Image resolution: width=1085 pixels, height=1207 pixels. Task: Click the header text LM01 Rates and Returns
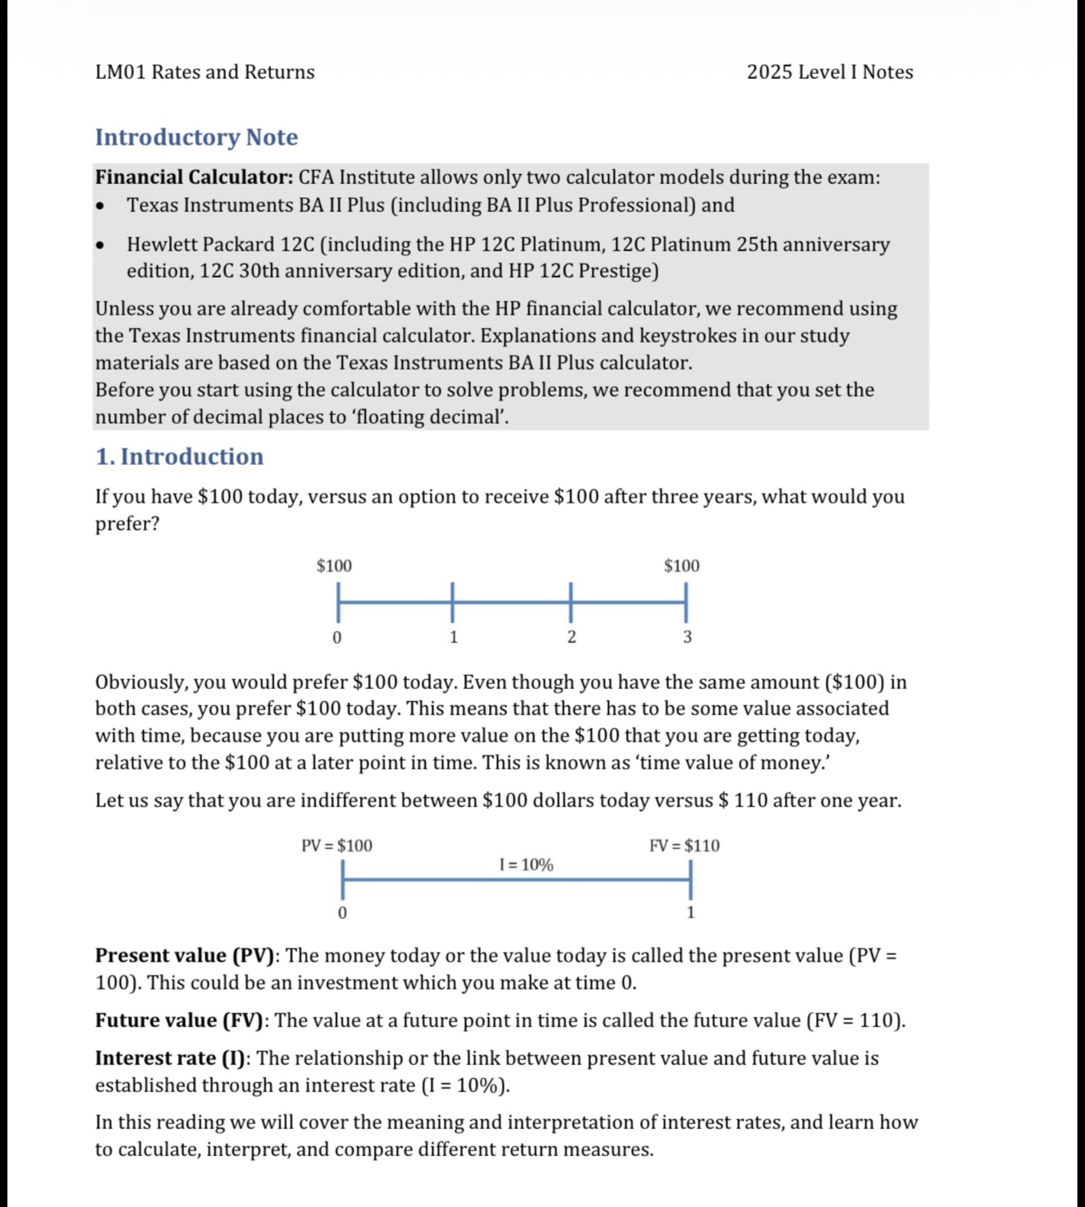204,72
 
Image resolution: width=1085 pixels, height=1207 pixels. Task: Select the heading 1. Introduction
179,456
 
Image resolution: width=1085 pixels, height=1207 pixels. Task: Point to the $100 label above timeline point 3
682,566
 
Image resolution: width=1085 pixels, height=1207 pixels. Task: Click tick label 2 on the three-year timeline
571,637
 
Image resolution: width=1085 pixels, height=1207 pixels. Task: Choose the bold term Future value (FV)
179,1020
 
